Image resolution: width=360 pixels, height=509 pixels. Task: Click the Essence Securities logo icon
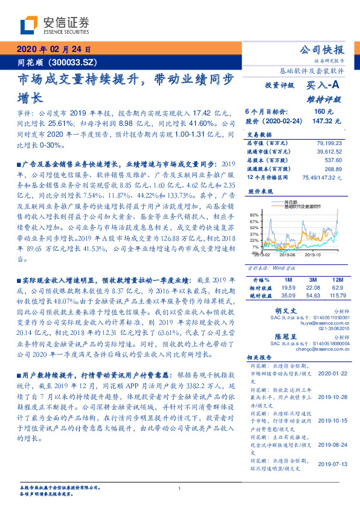(x=29, y=25)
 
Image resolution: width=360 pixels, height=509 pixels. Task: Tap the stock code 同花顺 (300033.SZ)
(x=50, y=62)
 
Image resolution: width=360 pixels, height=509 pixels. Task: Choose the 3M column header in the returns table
(x=312, y=280)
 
